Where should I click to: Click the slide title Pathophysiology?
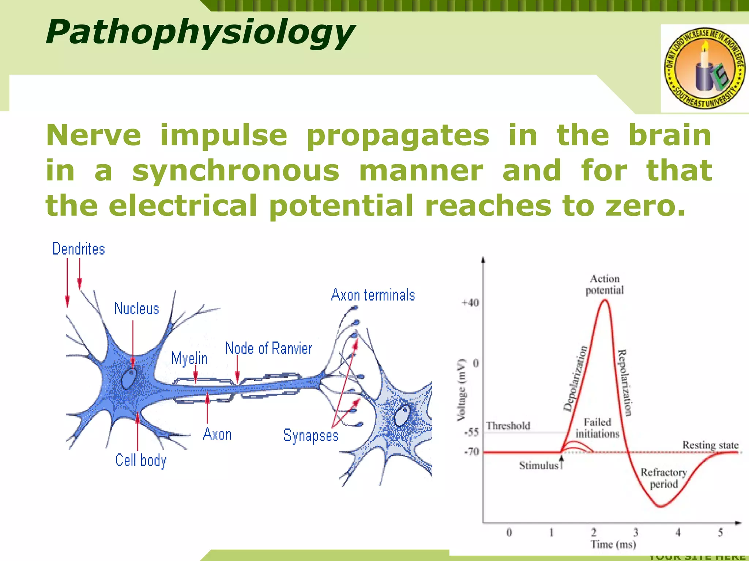(199, 33)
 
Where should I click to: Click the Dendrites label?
(79, 249)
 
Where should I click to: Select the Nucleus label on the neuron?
(136, 309)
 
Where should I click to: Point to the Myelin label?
(189, 359)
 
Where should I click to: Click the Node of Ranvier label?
(268, 348)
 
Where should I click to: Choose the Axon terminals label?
(373, 295)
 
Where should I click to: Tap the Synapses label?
(311, 435)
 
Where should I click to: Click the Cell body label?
(141, 460)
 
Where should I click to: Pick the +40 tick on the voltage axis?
(470, 303)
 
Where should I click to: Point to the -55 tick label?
(471, 432)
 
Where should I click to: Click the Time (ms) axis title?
(613, 545)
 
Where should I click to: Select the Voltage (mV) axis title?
(462, 390)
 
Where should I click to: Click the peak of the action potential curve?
(605, 300)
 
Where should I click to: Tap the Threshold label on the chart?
(508, 426)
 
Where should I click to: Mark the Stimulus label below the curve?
(539, 465)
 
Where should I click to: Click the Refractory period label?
(664, 478)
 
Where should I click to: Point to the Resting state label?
(710, 445)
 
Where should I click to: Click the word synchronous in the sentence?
(236, 171)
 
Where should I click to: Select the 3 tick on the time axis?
(636, 532)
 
